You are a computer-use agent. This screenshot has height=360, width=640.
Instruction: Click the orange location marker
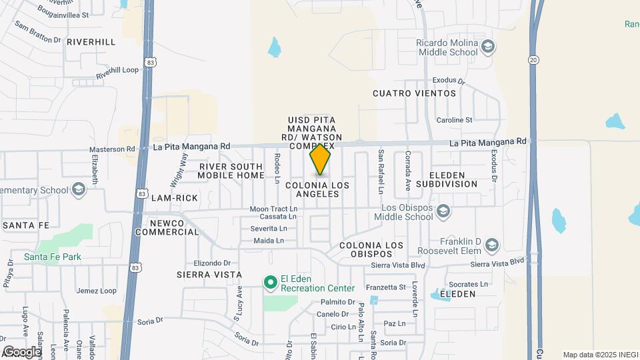tap(320, 159)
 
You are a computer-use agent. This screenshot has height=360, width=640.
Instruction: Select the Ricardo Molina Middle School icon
tap(489, 46)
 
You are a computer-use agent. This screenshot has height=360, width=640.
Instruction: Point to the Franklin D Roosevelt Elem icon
tap(492, 245)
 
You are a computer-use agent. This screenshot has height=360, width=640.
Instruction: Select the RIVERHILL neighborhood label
tap(91, 42)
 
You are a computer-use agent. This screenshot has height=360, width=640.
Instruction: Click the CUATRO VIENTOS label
tap(415, 93)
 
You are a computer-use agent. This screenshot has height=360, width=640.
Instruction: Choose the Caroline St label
tap(454, 120)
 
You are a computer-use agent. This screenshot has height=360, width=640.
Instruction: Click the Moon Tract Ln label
tap(273, 209)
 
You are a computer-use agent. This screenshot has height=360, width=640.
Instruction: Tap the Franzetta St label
tap(389, 287)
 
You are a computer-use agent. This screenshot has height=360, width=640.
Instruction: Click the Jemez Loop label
tap(97, 291)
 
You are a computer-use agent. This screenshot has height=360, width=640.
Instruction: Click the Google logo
tap(22, 351)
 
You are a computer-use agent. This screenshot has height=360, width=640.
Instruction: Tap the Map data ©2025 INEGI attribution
tap(599, 355)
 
